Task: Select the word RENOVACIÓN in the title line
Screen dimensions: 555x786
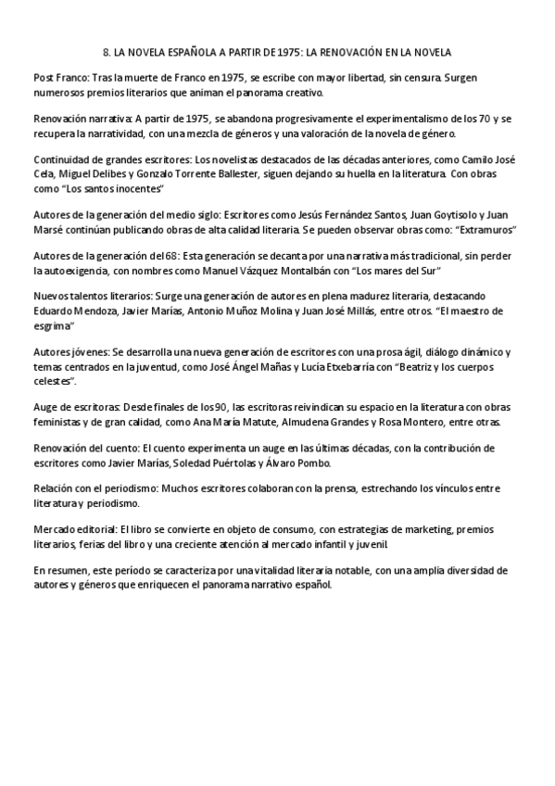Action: [376, 53]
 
